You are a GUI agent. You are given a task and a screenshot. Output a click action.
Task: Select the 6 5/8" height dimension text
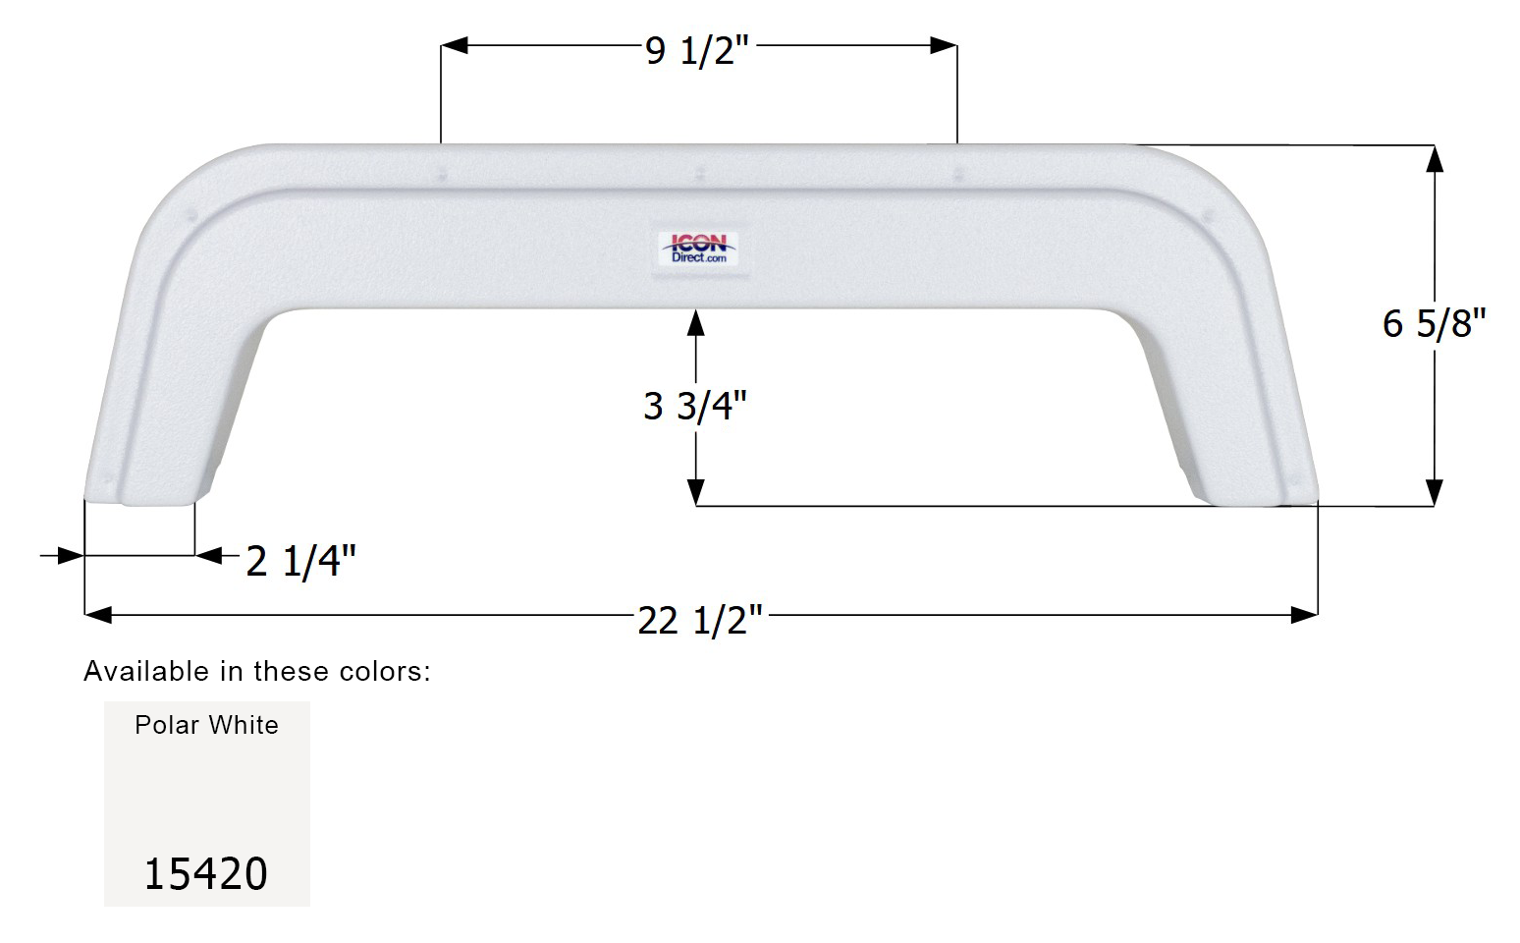coord(1434,323)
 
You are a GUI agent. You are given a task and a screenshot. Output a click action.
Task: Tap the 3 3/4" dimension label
coord(695,406)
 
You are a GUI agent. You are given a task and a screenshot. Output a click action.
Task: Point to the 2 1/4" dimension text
coord(300,561)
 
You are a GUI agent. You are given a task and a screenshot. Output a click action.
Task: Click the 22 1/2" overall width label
coord(700,620)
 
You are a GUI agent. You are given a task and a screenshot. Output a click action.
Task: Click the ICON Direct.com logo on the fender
coord(698,249)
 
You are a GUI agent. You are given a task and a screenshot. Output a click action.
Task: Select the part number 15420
coord(206,873)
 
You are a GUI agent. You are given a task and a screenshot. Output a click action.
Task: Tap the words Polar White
coord(206,725)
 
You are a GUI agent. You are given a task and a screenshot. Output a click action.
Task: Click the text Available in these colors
coord(257,671)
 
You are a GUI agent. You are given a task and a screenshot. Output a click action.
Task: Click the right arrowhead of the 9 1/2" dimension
coord(944,45)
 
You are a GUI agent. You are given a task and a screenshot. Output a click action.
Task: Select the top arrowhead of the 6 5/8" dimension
coord(1434,158)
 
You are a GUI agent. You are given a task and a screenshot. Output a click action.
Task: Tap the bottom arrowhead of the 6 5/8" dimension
coord(1434,493)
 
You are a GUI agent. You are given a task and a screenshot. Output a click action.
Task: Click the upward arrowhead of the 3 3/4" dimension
coord(696,322)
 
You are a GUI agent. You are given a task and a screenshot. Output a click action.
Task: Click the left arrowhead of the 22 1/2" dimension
coord(98,615)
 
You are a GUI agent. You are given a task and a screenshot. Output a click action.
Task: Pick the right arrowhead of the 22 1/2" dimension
coord(1304,615)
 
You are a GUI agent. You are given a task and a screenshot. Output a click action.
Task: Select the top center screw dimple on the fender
coord(699,175)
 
